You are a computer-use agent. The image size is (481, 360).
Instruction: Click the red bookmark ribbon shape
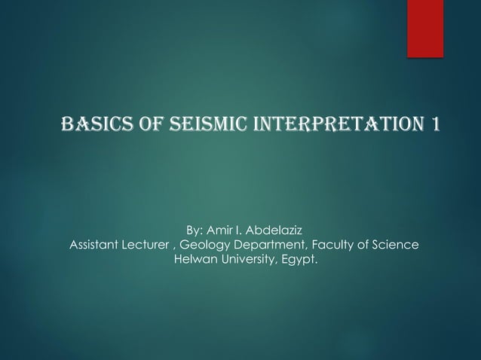coord(425,27)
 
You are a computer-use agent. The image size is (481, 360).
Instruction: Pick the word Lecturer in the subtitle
coord(150,245)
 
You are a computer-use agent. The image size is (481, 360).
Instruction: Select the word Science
coord(396,245)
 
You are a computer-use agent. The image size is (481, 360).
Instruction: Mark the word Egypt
coord(300,261)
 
